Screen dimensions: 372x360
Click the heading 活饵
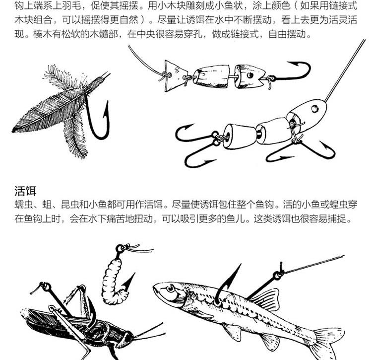click(25, 191)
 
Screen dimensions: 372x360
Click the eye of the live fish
click(171, 289)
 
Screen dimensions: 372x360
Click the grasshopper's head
click(126, 337)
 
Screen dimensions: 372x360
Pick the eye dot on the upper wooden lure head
click(250, 75)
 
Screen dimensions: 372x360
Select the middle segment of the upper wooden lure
click(212, 75)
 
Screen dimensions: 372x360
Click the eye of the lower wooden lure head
click(315, 109)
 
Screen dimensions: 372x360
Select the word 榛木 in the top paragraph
click(43, 34)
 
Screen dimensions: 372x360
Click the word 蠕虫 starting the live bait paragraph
click(24, 205)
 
